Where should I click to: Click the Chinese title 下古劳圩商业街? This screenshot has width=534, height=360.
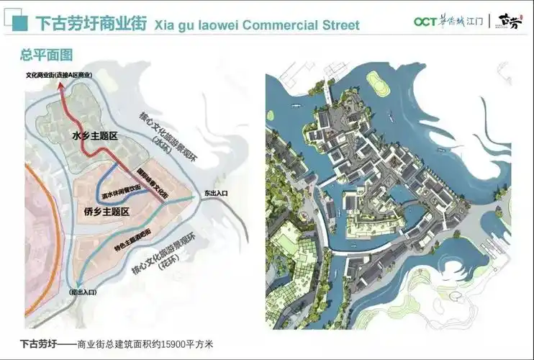coord(90,24)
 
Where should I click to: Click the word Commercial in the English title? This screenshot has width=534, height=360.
coord(277,25)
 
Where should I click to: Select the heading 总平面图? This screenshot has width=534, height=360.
coord(46,55)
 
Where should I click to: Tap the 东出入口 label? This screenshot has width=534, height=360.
coord(215,193)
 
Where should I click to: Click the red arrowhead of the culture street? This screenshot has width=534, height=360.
coord(60,86)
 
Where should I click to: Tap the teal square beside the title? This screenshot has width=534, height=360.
coord(22,24)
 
